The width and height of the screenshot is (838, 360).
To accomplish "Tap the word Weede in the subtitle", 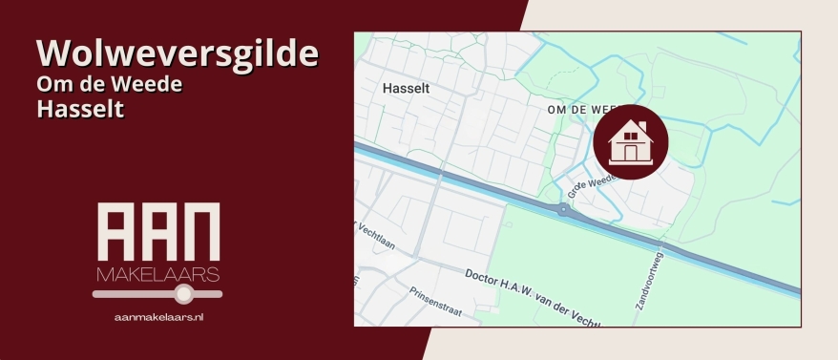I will pos(153,84).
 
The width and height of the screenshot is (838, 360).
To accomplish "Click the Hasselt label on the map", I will pos(407,88).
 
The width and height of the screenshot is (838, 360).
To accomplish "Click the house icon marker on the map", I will pos(630,141).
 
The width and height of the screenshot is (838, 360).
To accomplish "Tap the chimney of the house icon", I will pos(641,126).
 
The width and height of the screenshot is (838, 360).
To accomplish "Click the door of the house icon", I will pos(630,152).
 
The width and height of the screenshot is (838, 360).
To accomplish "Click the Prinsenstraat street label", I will pos(434,297).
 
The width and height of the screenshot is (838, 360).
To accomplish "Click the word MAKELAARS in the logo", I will pos(158,275).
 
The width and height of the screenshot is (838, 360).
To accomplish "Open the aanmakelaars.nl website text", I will pos(158,315).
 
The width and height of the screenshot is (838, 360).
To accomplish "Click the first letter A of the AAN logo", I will pos(116,230).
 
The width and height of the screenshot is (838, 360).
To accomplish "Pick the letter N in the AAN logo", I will pos(200,230).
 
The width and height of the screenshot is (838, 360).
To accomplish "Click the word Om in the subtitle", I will pos(52,84).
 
